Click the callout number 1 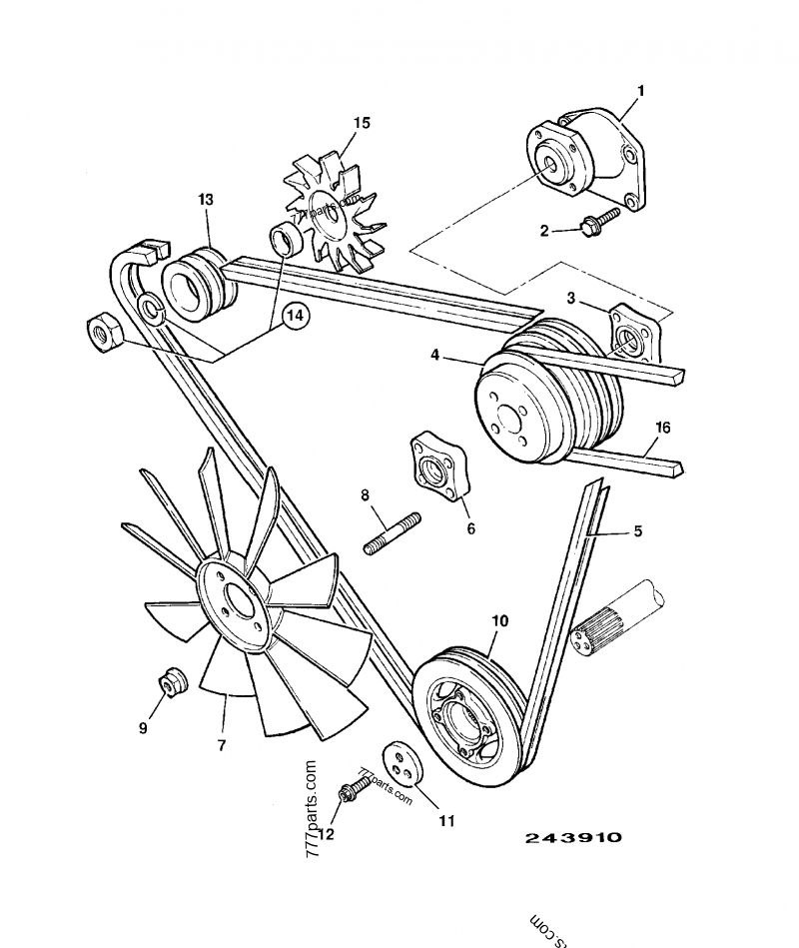(640, 91)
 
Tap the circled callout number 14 (295, 316)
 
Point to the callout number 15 (361, 123)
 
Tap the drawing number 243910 (573, 838)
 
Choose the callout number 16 (662, 428)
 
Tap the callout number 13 (205, 200)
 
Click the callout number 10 (499, 620)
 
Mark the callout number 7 (222, 744)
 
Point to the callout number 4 (435, 353)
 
